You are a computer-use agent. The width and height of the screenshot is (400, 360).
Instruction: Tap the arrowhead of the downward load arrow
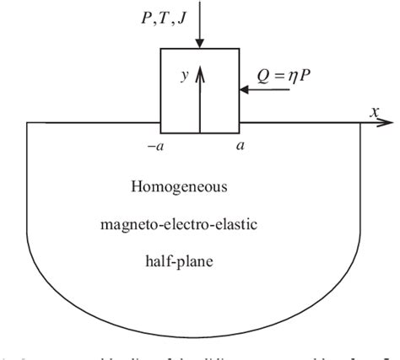tap(200, 43)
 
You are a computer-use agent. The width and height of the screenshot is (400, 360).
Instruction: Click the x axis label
tap(373, 110)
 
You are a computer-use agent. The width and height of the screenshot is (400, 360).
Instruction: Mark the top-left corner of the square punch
tap(161, 48)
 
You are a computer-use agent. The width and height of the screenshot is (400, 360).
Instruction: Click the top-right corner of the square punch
tap(240, 48)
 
